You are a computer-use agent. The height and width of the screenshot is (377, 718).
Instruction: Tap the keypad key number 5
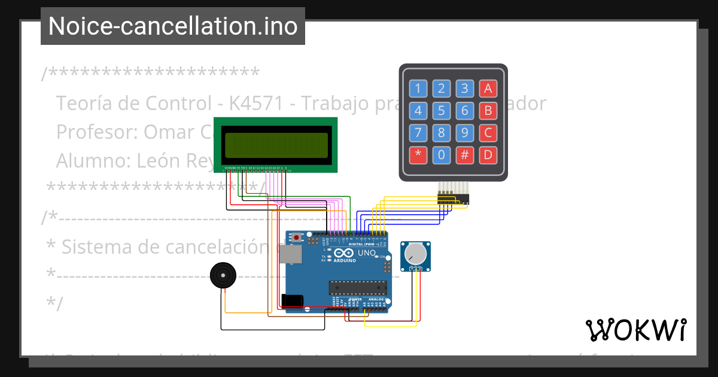pyautogui.click(x=441, y=111)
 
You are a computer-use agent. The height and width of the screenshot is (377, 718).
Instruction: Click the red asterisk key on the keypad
pyautogui.click(x=418, y=155)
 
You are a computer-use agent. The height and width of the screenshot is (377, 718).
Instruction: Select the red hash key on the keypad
pyautogui.click(x=464, y=155)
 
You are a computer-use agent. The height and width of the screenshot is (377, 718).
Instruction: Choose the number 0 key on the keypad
pyautogui.click(x=441, y=155)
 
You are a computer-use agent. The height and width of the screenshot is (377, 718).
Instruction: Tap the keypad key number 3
pyautogui.click(x=464, y=89)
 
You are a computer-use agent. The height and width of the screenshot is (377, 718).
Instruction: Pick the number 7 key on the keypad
pyautogui.click(x=418, y=133)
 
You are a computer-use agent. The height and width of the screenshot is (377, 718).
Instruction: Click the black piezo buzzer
pyautogui.click(x=223, y=275)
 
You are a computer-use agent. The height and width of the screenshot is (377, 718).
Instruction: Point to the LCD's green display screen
pyautogui.click(x=276, y=144)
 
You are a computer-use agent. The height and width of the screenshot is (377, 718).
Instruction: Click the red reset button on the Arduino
pyautogui.click(x=297, y=238)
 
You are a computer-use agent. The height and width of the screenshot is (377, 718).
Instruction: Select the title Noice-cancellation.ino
pyautogui.click(x=173, y=26)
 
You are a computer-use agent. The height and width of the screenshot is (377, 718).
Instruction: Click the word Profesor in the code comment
pyautogui.click(x=96, y=132)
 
